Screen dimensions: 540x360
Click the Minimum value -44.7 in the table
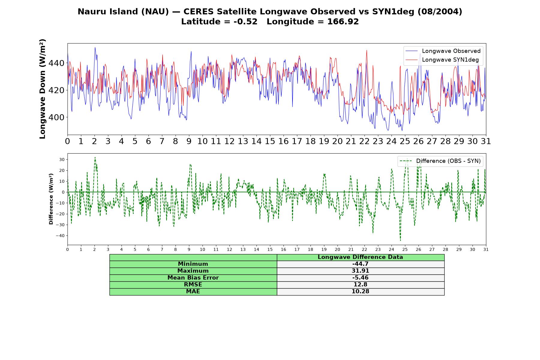pos(360,264)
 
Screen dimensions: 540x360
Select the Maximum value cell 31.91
pos(360,271)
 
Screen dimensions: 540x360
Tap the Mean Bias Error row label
pos(193,278)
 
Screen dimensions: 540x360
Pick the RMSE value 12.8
pos(360,285)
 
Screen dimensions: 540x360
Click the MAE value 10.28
pos(360,292)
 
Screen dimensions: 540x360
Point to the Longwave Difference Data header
pos(360,257)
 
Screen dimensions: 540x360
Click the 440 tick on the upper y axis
pos(56,63)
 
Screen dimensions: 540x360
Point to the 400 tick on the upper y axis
pos(56,117)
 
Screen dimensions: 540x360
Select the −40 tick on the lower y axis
pos(60,236)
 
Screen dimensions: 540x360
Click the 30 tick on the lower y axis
pos(62,160)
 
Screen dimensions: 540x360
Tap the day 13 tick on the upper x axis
pos(243,141)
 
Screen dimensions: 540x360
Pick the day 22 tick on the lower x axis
pos(364,249)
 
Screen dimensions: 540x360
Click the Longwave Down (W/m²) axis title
pos(43,89)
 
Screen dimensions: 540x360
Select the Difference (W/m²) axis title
pos(51,199)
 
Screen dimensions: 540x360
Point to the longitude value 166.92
pos(343,22)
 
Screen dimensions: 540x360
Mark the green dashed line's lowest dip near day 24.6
pos(400,240)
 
